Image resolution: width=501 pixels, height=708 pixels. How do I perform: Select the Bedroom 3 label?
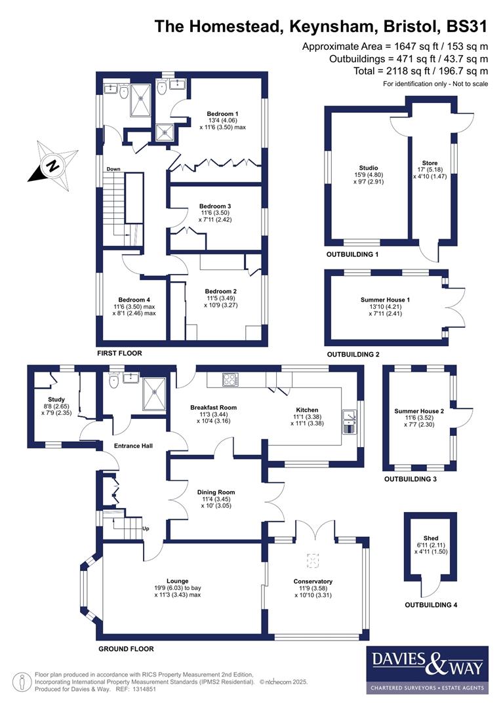click(x=215, y=206)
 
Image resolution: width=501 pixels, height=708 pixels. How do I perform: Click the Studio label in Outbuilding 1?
click(x=368, y=168)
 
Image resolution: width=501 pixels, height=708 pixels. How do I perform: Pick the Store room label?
click(x=430, y=163)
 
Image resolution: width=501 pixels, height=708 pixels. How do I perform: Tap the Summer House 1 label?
click(x=386, y=300)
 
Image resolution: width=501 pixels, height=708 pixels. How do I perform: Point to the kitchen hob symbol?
click(x=231, y=379)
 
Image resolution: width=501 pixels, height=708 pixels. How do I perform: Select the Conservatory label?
click(x=313, y=581)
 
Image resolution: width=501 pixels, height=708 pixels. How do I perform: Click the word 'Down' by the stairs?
click(x=113, y=169)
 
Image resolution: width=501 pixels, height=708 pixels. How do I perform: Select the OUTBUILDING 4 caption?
click(x=431, y=604)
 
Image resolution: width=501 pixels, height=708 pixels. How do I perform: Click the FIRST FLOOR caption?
click(x=119, y=353)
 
